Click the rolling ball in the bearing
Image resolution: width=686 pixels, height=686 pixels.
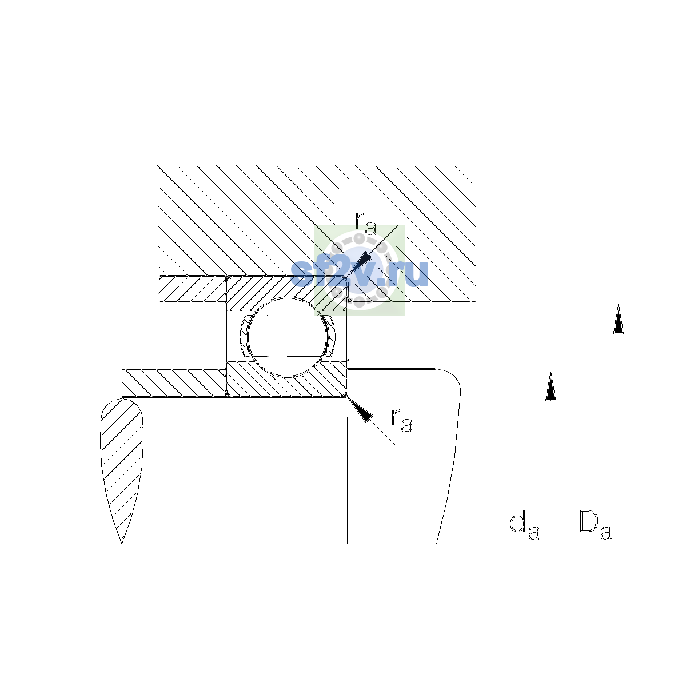tap(287, 337)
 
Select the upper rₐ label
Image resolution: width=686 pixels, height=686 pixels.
tap(366, 225)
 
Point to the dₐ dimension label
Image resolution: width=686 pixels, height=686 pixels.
tap(525, 533)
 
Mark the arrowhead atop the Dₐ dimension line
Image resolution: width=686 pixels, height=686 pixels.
tap(619, 318)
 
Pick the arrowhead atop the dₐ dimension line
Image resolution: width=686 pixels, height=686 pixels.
tap(551, 385)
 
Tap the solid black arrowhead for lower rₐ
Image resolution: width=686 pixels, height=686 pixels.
tap(360, 409)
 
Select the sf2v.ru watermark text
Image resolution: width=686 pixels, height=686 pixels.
tap(359, 274)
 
